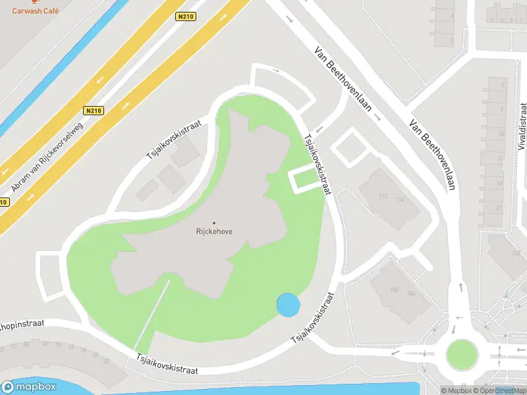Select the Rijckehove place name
[214, 231]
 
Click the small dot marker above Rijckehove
[214, 223]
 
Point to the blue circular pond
[288, 305]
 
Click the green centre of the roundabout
[461, 355]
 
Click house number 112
[384, 196]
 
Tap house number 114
[399, 199]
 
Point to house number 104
[412, 293]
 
